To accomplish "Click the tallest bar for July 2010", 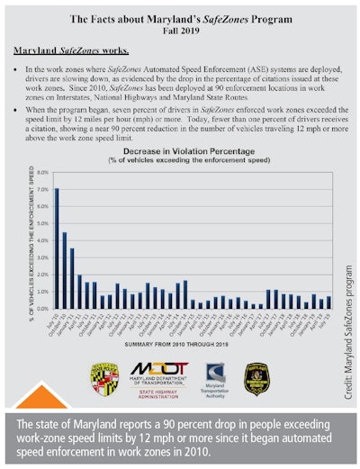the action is pyautogui.click(x=57, y=248).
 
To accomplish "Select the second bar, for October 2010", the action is pyautogui.click(x=64, y=271).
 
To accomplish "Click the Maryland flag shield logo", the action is pyautogui.click(x=106, y=378).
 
